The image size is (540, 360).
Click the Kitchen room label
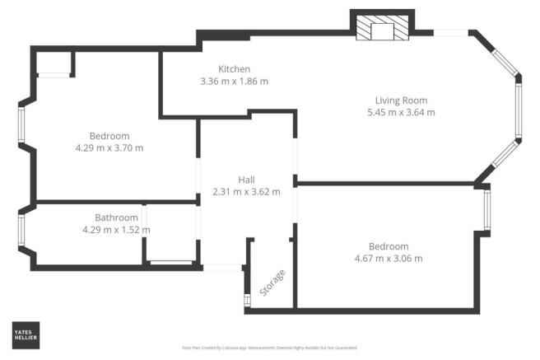pos(234,68)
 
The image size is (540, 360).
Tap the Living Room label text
pos(400,100)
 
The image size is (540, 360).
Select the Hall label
pos(246,179)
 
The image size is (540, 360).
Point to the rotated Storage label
pos(272,283)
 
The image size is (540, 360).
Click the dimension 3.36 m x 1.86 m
pos(235,82)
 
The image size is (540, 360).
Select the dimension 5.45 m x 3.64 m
pos(400,112)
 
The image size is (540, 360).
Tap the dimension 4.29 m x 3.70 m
pos(109,148)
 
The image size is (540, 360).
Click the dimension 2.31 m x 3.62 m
pos(246,191)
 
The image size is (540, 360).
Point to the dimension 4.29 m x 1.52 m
pos(116,230)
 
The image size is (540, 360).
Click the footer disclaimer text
pos(269,348)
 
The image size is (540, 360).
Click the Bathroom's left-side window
pos(21,231)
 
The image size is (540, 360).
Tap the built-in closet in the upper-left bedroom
pos(54,63)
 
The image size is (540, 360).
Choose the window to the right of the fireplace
pos(450,32)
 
